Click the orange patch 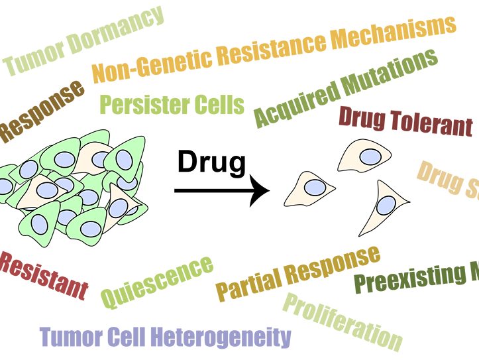[278, 40]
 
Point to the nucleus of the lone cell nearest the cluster [315, 188]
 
